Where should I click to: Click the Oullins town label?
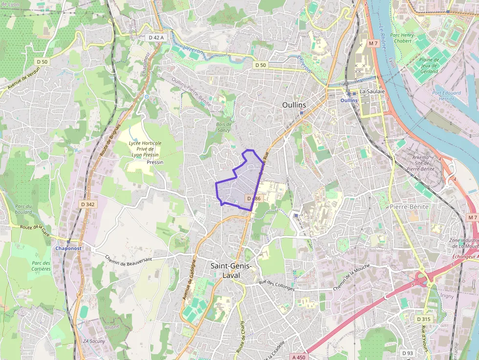[294, 105]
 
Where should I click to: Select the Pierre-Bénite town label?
[409, 207]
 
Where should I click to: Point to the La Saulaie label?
[372, 91]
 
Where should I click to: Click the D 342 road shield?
[87, 204]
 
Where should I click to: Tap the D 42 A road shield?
[157, 37]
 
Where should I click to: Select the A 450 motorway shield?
[299, 357]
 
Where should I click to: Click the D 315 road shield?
[424, 319]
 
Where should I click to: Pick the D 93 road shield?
[408, 353]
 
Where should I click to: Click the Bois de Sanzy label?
[223, 127]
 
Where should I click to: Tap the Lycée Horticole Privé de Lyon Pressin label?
[145, 149]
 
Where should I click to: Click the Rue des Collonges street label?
[277, 285]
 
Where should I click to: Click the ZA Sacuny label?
[94, 341]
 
